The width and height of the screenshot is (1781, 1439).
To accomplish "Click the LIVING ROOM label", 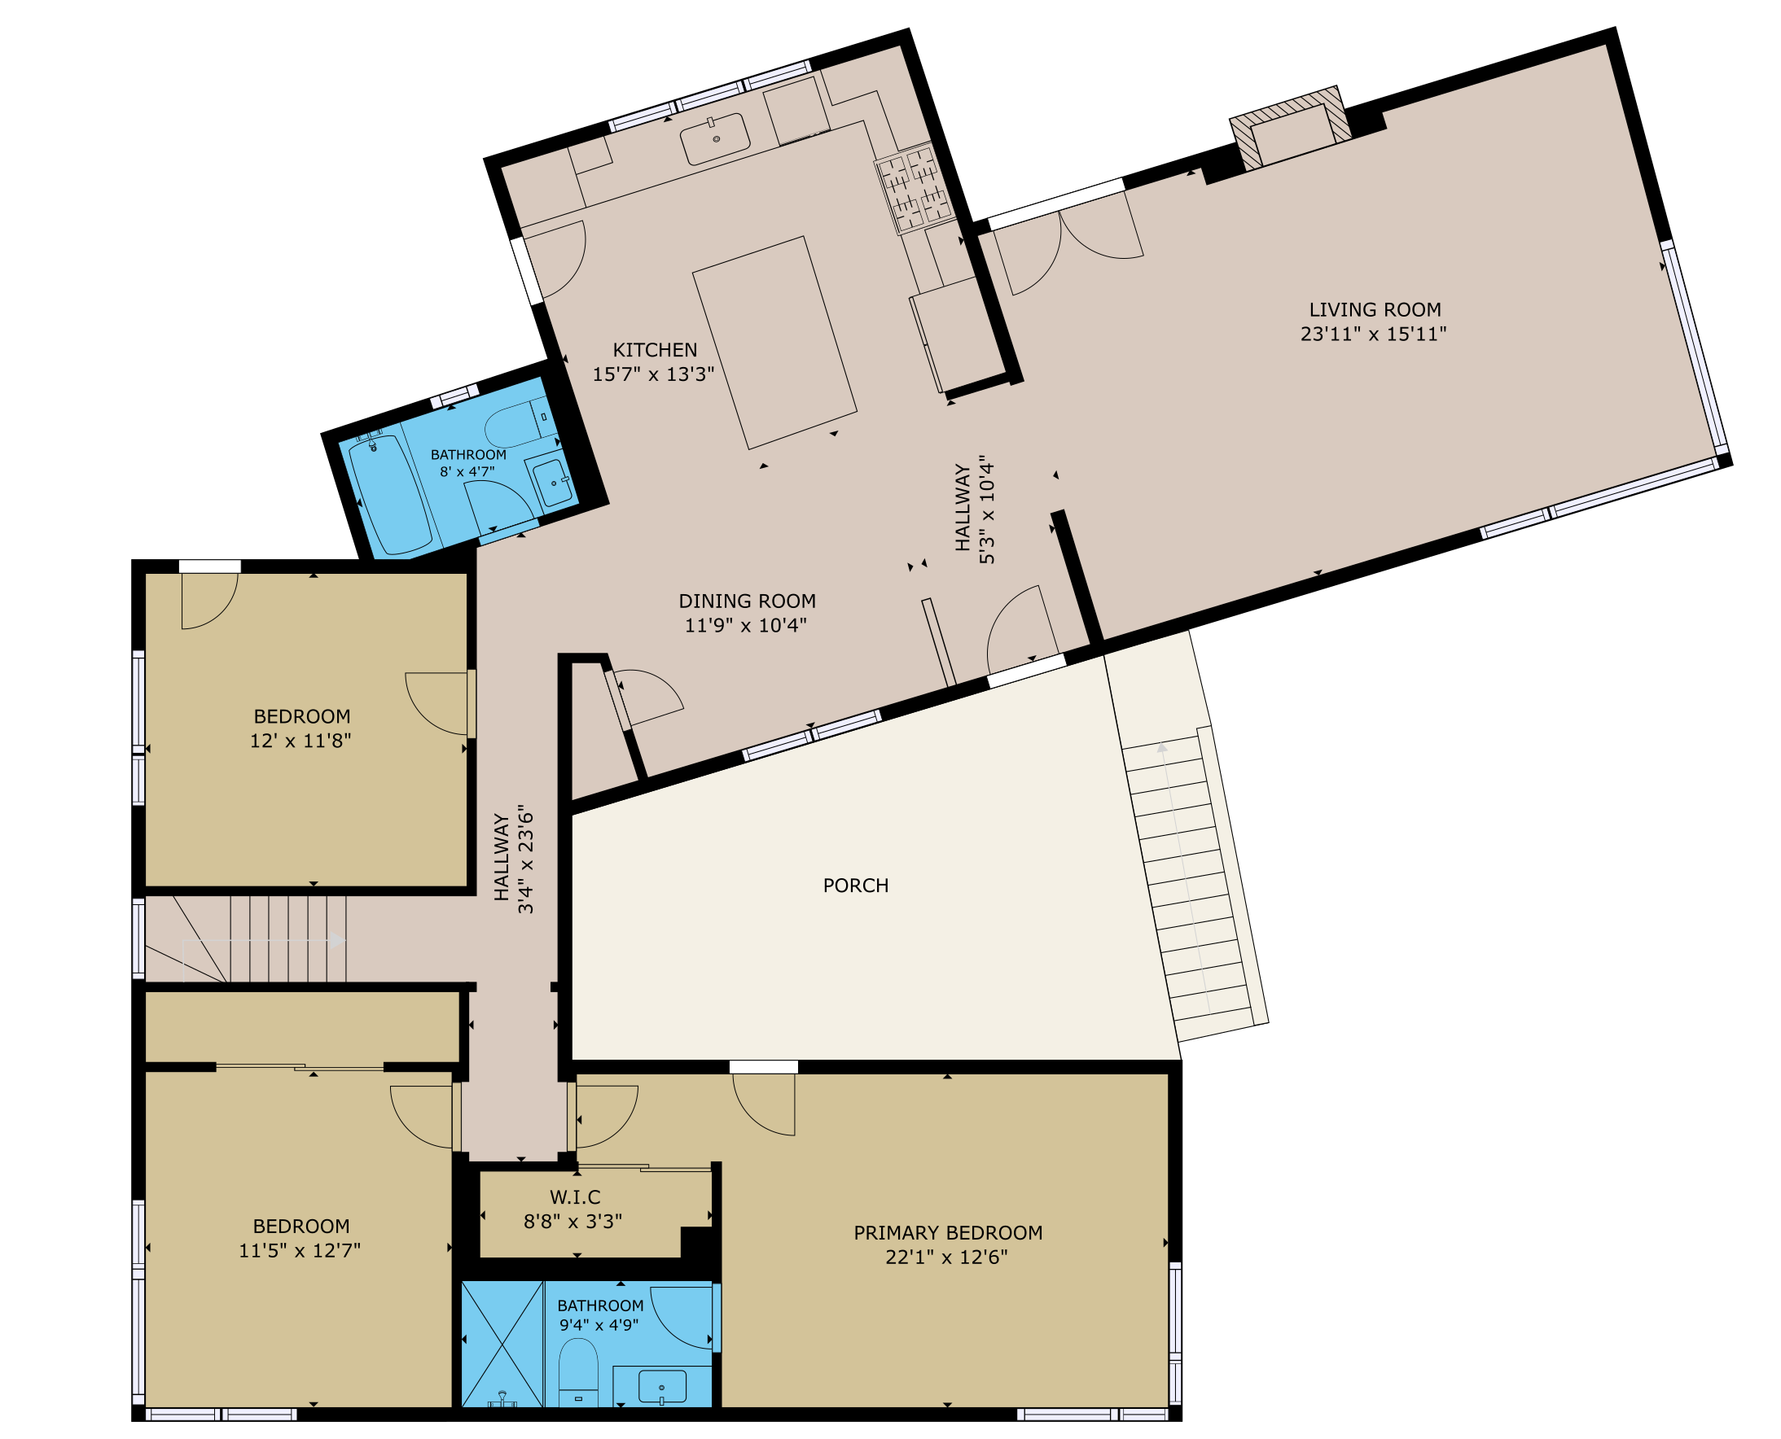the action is point(1375,310).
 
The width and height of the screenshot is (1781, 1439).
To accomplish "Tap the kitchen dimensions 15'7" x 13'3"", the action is point(653,374).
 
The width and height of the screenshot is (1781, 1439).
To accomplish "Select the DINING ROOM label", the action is point(747,601).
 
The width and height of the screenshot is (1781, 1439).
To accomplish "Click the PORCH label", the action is point(856,886).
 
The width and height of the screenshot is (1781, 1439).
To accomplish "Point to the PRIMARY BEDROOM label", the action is point(948,1232).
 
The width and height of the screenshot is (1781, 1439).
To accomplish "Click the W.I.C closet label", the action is point(575,1197).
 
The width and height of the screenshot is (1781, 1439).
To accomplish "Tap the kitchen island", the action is point(774,343).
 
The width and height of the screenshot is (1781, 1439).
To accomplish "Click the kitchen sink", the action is point(715,139).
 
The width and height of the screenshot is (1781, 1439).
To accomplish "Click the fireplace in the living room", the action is point(1290,128).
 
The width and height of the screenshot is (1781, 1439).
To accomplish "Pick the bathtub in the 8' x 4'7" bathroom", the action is point(390,496).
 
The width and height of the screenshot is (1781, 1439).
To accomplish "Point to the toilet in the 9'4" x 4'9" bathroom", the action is point(578,1373).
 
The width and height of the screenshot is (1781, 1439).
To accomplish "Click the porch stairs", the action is point(1187,879).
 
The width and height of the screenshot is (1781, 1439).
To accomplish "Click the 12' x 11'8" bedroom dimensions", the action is point(301,741).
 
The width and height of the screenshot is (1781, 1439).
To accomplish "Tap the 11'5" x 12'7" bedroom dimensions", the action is point(300,1251).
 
